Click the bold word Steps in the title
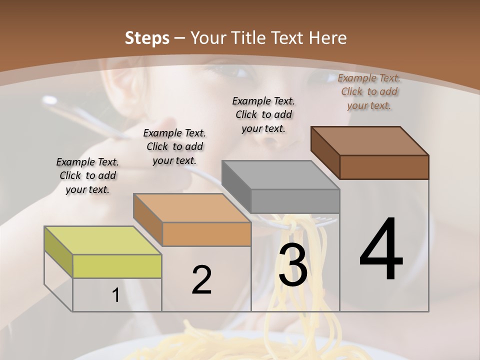pyautogui.click(x=147, y=38)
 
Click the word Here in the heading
pyautogui.click(x=328, y=38)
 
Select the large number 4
pyautogui.click(x=381, y=249)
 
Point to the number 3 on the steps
pyautogui.click(x=293, y=265)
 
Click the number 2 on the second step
pyautogui.click(x=201, y=279)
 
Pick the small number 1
pyautogui.click(x=116, y=295)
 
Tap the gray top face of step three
pyautogui.click(x=280, y=175)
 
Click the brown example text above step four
pyautogui.click(x=369, y=91)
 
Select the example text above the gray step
pyautogui.click(x=263, y=114)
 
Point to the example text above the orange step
pyautogui.click(x=174, y=146)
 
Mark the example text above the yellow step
pyautogui.click(x=87, y=175)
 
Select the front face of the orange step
pyautogui.click(x=206, y=234)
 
